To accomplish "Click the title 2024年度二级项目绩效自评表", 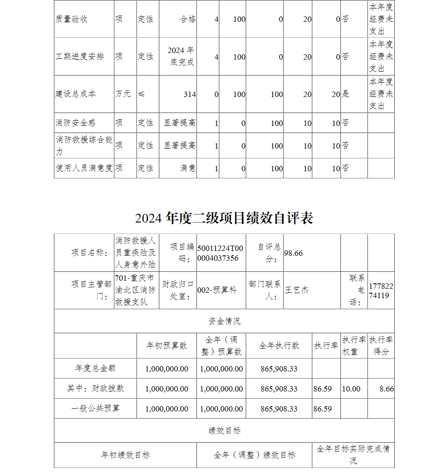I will (224, 218).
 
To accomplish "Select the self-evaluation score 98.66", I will (293, 253).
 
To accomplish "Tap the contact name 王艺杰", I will (296, 290).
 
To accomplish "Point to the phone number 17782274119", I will (380, 290).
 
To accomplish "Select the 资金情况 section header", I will (224, 321).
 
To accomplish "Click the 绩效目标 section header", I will (224, 431).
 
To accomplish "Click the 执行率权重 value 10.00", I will (351, 389).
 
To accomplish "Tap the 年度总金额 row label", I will (96, 369).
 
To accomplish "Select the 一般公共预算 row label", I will (96, 408).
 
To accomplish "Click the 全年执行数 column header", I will (279, 346).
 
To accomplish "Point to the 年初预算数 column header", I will (167, 346).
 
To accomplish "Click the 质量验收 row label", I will (72, 20).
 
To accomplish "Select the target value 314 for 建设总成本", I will (190, 94).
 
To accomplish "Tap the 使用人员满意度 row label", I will (84, 168).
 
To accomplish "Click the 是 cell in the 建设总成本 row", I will (346, 94).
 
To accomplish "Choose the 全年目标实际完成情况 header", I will (353, 455).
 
